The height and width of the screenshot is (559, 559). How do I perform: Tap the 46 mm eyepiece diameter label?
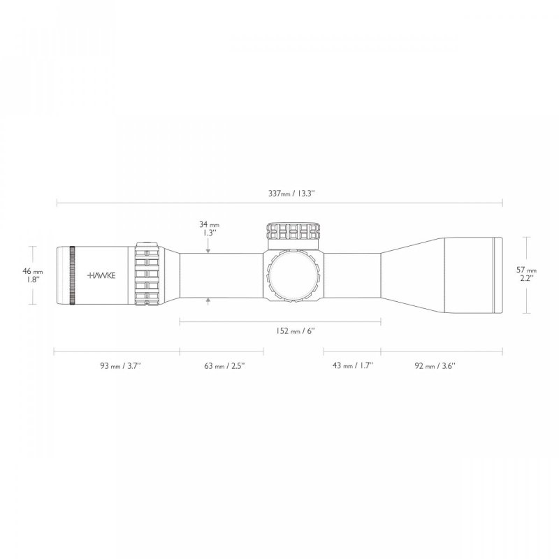33,275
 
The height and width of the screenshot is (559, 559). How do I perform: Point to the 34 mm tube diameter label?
208,228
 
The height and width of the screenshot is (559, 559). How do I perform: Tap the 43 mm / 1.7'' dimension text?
352,365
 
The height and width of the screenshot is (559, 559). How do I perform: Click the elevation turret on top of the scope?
293,231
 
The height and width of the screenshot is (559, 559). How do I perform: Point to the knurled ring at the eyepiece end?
72,275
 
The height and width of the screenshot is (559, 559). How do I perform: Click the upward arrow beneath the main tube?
209,300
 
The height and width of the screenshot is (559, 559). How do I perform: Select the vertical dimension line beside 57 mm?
525,275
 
